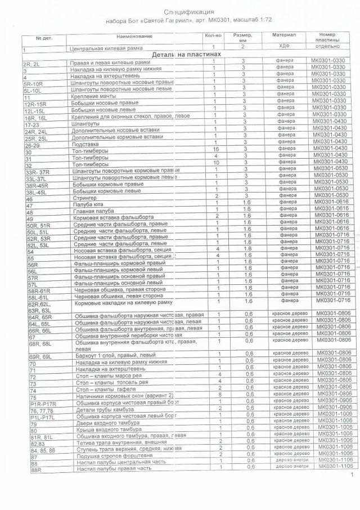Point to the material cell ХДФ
pos(281,48)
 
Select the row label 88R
pos(36,471)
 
